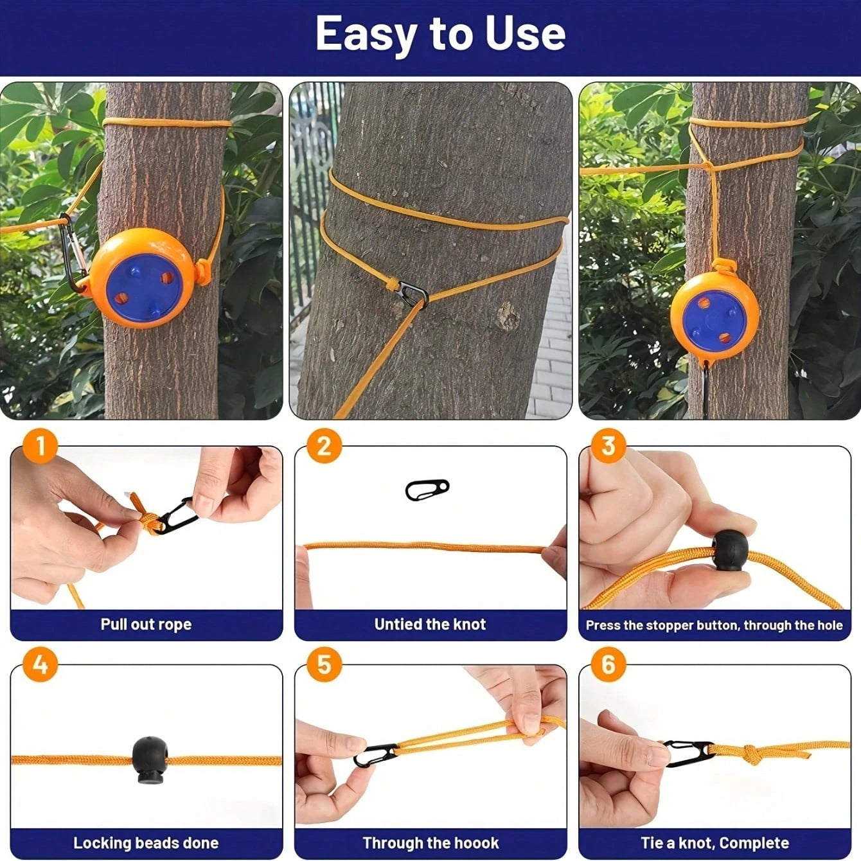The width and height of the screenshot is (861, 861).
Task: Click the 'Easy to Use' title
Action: [440, 33]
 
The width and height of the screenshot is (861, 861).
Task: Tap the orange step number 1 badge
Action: [40, 445]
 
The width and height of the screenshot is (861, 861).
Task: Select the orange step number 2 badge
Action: [324, 445]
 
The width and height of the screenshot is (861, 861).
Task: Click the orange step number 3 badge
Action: [608, 445]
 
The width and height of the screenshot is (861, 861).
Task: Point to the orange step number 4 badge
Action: [40, 664]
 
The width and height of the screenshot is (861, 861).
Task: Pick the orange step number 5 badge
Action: [324, 664]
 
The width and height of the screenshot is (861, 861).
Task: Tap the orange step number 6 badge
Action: [608, 664]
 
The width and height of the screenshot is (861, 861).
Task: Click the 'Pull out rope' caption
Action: [146, 625]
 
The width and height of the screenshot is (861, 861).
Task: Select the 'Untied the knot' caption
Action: [430, 625]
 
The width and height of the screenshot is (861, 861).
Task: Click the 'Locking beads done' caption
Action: [146, 843]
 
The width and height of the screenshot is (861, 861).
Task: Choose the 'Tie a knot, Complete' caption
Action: [715, 843]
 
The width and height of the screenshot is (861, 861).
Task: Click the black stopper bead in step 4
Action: [150, 761]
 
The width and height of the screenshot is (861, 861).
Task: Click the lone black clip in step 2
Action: [427, 490]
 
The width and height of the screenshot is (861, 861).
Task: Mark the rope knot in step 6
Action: [750, 754]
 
